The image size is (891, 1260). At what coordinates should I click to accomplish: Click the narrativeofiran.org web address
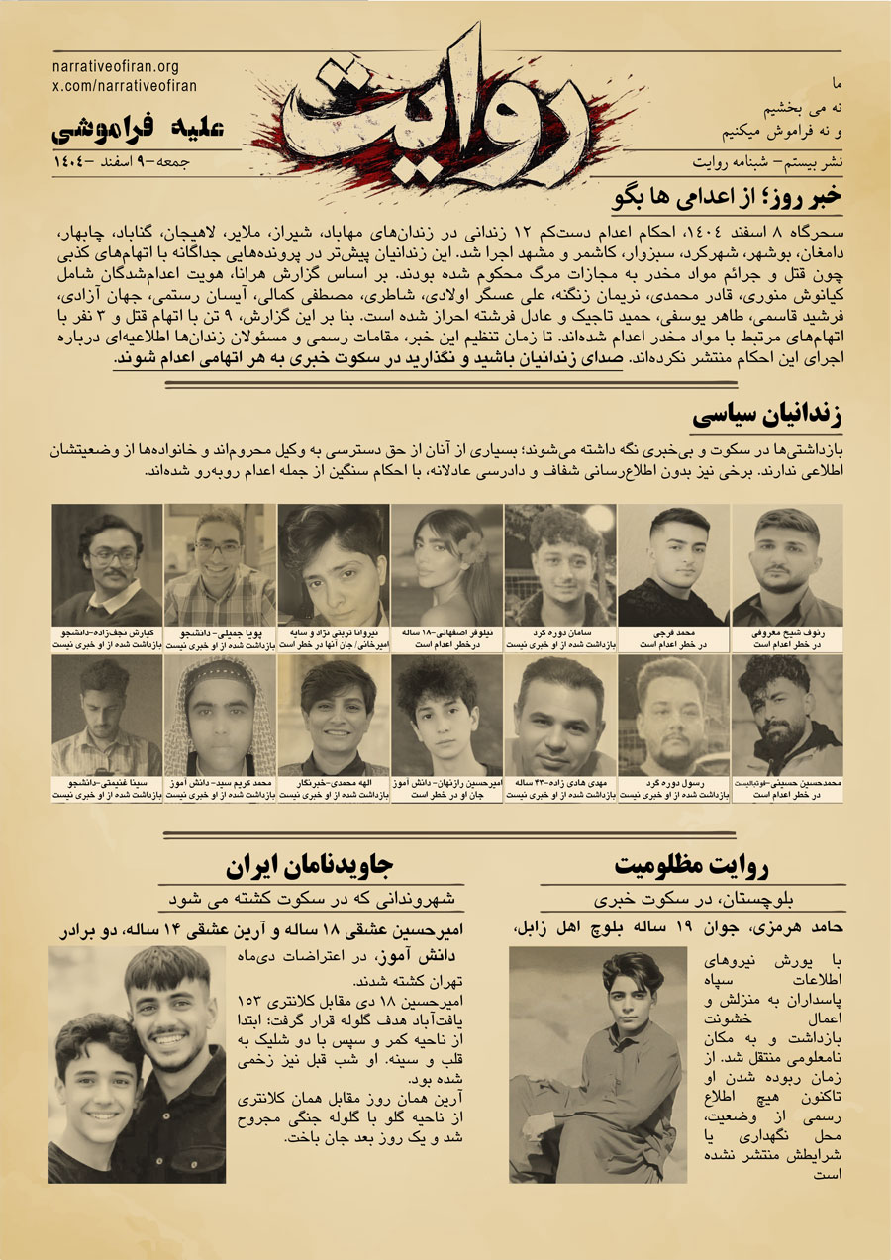pyautogui.click(x=114, y=67)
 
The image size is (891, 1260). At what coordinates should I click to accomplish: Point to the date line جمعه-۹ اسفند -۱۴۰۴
pyautogui.click(x=129, y=160)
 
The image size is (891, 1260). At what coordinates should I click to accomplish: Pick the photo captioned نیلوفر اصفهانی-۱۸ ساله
pyautogui.click(x=446, y=564)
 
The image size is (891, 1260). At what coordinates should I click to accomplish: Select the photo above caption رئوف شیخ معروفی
pyautogui.click(x=787, y=564)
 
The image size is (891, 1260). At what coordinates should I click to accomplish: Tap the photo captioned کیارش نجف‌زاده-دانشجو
pyautogui.click(x=107, y=564)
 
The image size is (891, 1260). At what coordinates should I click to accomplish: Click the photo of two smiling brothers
pyautogui.click(x=137, y=1064)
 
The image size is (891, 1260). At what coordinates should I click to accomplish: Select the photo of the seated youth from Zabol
pyautogui.click(x=598, y=1064)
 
